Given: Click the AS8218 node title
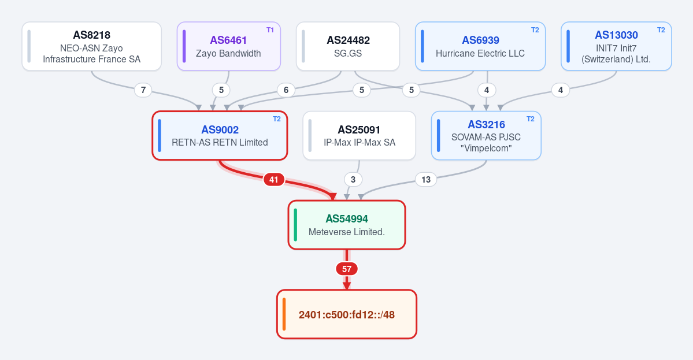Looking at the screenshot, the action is point(91,35).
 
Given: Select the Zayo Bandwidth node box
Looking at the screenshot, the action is point(228,46).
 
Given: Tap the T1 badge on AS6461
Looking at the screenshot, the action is point(270,30).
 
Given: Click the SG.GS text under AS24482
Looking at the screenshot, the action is point(348,53).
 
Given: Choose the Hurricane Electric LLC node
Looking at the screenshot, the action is point(480,46).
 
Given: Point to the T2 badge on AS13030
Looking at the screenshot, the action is point(661,30).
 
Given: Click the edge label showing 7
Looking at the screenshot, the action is point(143,90).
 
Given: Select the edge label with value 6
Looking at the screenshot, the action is point(286,90).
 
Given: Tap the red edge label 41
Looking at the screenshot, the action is point(273,180).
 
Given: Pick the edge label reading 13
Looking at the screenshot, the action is point(425,180).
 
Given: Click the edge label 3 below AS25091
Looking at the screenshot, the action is point(353,180).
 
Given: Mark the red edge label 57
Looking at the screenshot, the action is point(347,269).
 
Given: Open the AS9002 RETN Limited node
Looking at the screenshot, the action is point(220,136).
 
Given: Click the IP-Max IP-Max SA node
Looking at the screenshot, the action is point(359,136).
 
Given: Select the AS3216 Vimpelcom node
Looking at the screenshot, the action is point(486,136).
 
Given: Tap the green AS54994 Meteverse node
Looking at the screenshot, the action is point(347,225).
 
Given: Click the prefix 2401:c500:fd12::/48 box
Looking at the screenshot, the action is point(347,314).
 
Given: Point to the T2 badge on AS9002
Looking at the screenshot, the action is point(277,119).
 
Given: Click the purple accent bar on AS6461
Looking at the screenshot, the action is point(184,46).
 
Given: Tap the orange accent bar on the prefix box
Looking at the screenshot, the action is point(284,314).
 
